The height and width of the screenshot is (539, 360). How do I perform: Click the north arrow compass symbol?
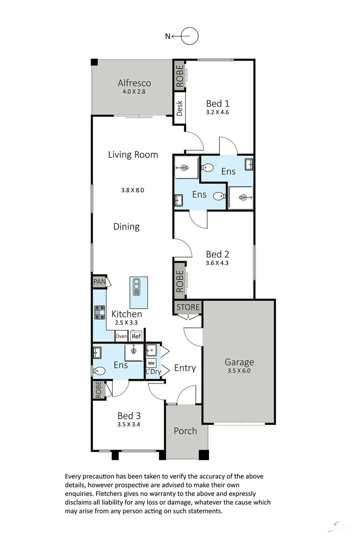(x=188, y=36)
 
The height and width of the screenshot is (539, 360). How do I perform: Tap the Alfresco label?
(x=134, y=83)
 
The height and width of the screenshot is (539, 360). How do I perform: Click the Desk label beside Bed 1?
(x=179, y=108)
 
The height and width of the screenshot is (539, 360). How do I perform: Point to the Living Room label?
(x=133, y=155)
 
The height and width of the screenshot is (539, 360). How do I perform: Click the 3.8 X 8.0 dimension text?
(x=133, y=190)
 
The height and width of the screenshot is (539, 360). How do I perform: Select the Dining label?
(x=126, y=226)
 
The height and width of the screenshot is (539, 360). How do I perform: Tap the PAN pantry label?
(x=98, y=282)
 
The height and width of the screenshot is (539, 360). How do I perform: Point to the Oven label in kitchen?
(x=121, y=336)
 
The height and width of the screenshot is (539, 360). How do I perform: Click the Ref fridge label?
(x=136, y=336)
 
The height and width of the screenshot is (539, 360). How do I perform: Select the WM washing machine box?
(x=151, y=363)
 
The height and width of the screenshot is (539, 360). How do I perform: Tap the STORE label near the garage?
(x=189, y=307)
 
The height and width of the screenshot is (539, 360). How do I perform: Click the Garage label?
(x=239, y=362)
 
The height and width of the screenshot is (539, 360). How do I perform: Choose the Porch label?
(x=185, y=430)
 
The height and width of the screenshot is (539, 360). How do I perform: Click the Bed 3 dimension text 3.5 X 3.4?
(x=129, y=425)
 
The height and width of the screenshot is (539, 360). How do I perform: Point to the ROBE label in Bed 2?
(x=179, y=281)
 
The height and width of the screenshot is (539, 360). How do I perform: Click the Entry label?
(x=185, y=368)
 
